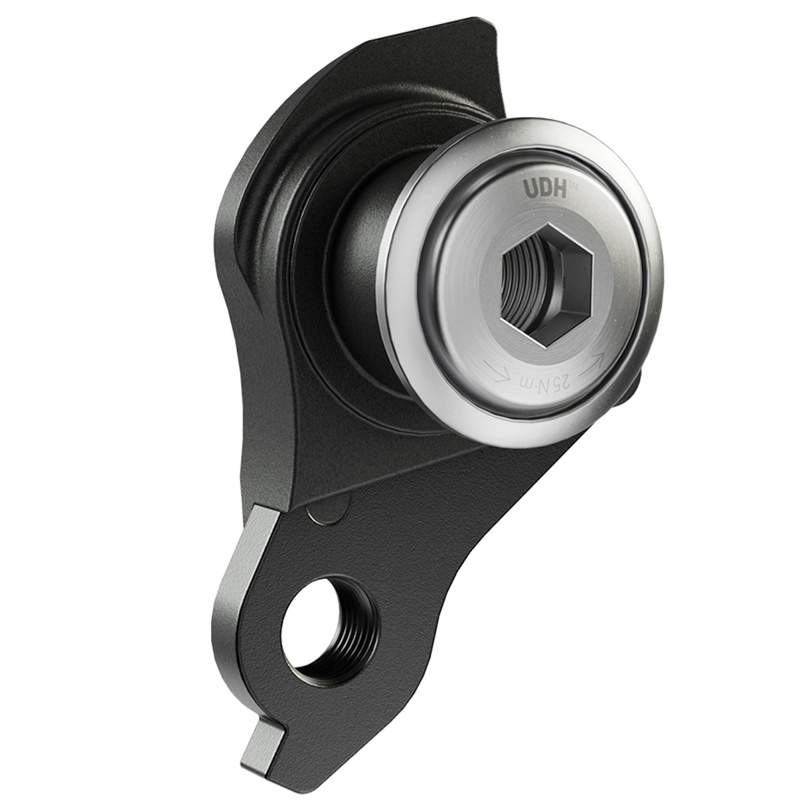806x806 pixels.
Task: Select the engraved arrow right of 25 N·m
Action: [x=593, y=361]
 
